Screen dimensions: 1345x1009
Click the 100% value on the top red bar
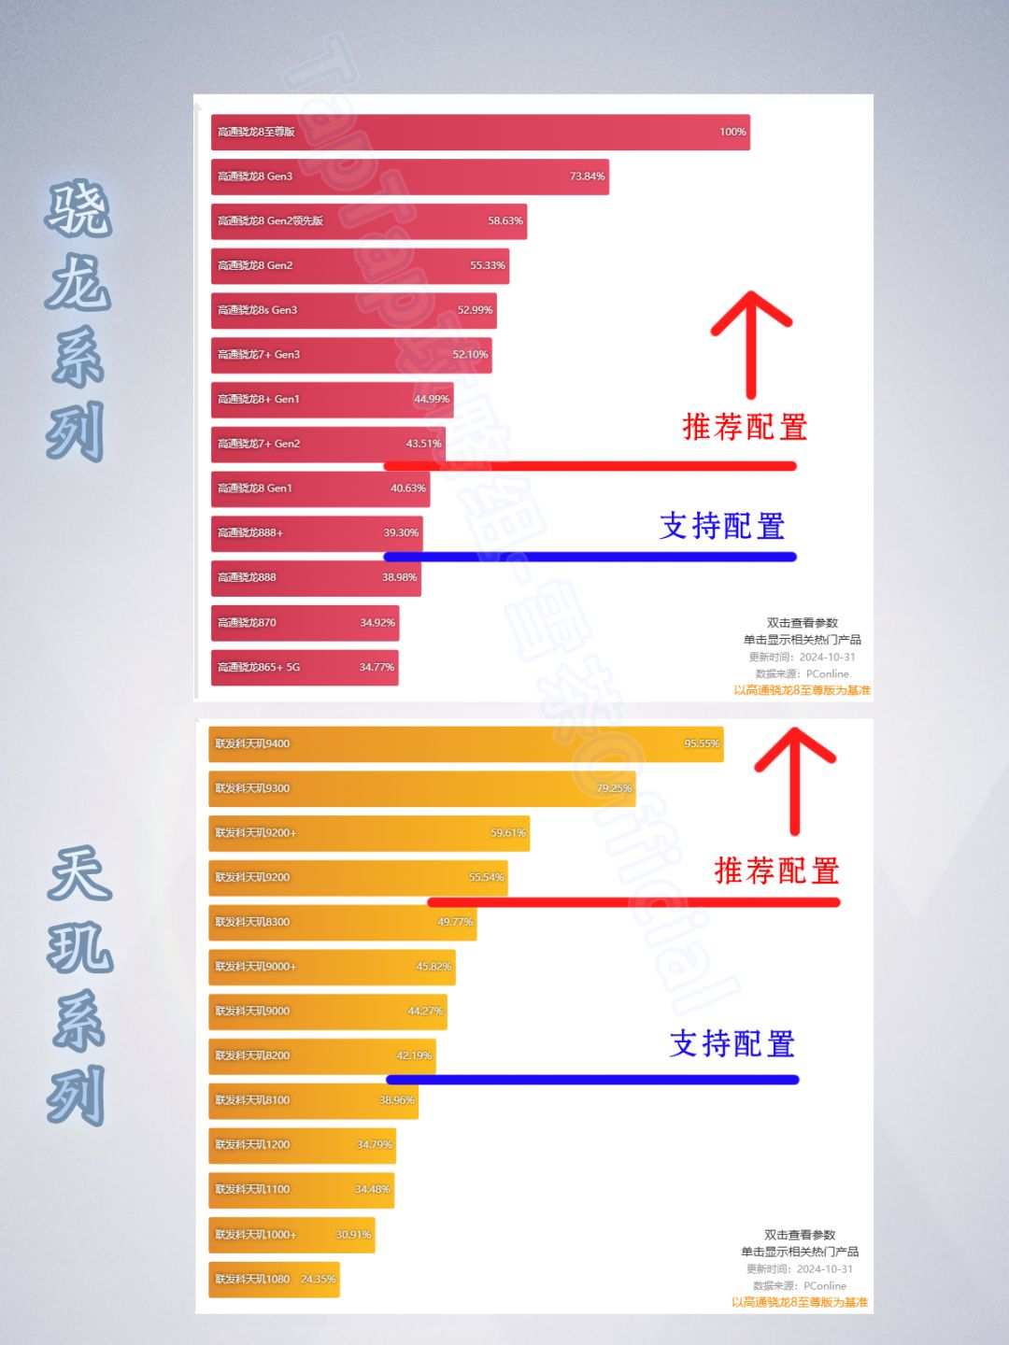[x=732, y=132]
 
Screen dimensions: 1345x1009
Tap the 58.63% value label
[x=504, y=221]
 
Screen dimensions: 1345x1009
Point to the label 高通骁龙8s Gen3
[x=257, y=310]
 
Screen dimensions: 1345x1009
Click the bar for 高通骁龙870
[x=305, y=623]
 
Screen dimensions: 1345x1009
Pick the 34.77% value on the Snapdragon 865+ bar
[x=377, y=667]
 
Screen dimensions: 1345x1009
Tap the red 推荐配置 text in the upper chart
[x=745, y=428]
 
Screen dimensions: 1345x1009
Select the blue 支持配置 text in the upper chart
[x=722, y=526]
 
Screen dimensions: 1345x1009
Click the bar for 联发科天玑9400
[x=465, y=744]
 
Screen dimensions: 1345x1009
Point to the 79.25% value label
[x=614, y=788]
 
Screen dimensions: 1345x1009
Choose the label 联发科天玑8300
[x=252, y=922]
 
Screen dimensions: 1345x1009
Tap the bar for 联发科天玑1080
[x=274, y=1280]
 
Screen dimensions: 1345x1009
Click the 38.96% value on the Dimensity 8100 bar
[x=396, y=1100]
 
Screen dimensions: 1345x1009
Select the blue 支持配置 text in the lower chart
[x=732, y=1043]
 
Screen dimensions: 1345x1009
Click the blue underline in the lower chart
[x=592, y=1080]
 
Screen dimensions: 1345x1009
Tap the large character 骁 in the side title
[x=78, y=208]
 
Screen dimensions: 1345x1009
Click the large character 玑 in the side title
[x=79, y=946]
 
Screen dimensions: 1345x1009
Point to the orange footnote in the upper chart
[x=802, y=690]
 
